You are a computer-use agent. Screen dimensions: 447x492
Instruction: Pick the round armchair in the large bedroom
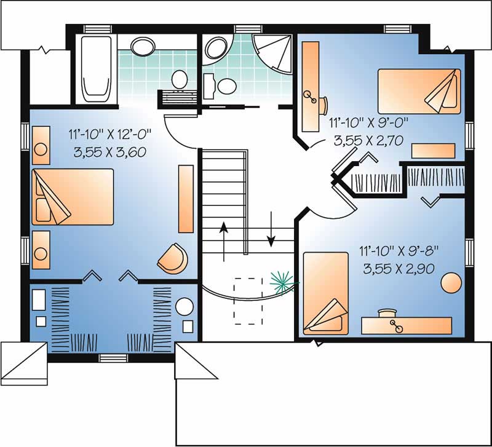coord(172,258)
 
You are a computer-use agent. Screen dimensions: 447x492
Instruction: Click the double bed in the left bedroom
coord(73,196)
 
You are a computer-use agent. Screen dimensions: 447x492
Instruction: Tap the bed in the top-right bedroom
coord(419,90)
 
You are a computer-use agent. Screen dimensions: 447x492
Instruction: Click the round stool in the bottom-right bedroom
coord(451,283)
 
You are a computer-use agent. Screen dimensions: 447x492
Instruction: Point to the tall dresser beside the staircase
coord(186,199)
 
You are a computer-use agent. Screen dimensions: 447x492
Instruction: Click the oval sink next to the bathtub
coord(143,45)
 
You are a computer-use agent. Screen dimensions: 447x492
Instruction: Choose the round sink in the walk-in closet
coord(184,306)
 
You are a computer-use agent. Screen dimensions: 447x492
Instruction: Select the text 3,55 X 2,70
coord(368,140)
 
